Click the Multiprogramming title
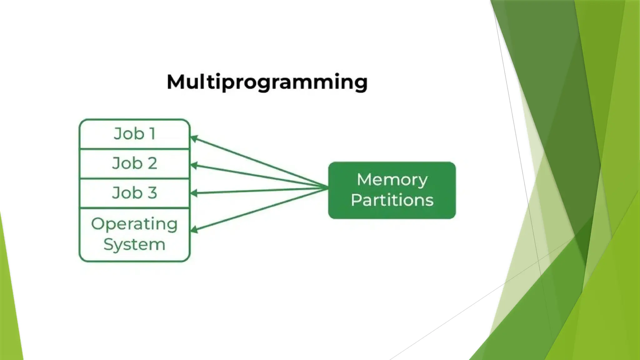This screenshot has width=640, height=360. (267, 82)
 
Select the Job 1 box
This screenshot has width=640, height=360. (135, 134)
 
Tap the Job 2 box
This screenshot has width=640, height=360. (135, 163)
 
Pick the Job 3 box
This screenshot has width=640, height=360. (135, 193)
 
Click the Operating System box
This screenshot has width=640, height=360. (135, 234)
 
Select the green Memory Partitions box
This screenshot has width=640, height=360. (392, 190)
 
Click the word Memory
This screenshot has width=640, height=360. (392, 180)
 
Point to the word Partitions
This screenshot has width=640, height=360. (392, 200)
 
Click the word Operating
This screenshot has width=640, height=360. (134, 224)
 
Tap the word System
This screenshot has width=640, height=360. (134, 244)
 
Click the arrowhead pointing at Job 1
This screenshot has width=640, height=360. (194, 138)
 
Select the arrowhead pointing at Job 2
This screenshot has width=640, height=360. (194, 166)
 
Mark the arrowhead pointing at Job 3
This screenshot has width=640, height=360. (194, 193)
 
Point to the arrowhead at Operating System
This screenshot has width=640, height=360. (194, 230)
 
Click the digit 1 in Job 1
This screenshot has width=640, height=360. (152, 134)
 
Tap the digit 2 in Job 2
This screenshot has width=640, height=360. (152, 163)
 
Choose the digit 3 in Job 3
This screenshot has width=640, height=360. (152, 192)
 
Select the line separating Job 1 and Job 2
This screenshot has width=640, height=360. (135, 149)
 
